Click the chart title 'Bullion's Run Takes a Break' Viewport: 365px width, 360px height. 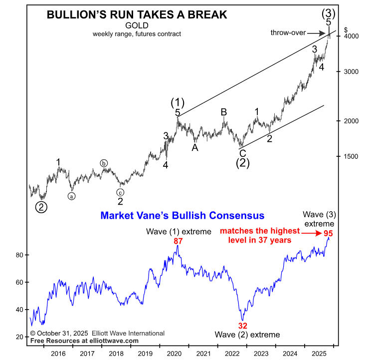click(137, 15)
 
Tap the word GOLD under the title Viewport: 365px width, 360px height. click(136, 26)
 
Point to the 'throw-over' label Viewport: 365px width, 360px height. click(288, 32)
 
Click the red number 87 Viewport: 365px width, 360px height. click(178, 241)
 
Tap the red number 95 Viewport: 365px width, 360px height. click(328, 233)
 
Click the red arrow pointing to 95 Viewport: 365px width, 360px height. click(312, 233)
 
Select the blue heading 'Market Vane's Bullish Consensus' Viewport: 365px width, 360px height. click(182, 216)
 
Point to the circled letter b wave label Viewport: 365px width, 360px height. click(104, 163)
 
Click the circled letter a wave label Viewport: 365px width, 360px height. click(72, 196)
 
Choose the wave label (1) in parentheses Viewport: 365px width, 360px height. click(178, 103)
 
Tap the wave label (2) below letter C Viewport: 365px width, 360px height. click(242, 162)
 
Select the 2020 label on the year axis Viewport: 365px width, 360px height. click(174, 354)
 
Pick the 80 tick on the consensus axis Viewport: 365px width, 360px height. click(20, 255)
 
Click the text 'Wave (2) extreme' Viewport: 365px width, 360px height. click(248, 335)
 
